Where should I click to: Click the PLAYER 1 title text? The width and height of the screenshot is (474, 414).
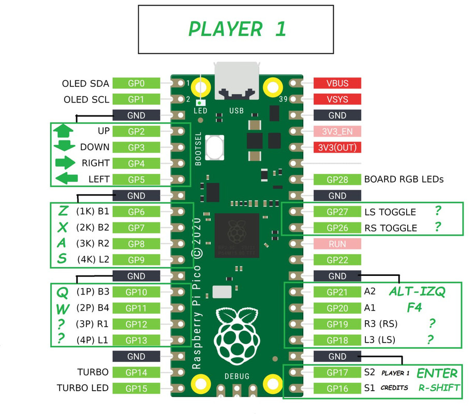click(237, 29)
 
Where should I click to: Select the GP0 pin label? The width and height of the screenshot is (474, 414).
click(136, 83)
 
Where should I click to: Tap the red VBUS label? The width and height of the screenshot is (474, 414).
click(337, 83)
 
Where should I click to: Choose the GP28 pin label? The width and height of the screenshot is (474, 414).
click(337, 180)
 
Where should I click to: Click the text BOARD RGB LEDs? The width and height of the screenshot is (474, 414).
click(404, 180)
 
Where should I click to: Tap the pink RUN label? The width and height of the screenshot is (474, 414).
click(337, 244)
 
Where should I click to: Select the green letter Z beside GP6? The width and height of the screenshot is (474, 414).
click(63, 211)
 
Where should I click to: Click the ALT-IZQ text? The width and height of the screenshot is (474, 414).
click(417, 292)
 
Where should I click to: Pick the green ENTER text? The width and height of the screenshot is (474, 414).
click(437, 373)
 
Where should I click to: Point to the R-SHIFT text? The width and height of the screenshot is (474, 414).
click(439, 388)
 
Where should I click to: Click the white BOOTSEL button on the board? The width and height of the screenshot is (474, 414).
click(214, 147)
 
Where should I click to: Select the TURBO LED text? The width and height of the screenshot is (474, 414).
click(82, 388)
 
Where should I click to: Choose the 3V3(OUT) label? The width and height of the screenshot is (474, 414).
click(337, 147)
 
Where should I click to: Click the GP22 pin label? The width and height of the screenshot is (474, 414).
click(337, 260)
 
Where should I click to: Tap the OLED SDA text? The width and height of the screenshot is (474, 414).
click(85, 83)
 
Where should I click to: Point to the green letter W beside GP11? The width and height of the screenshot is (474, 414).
click(63, 309)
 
